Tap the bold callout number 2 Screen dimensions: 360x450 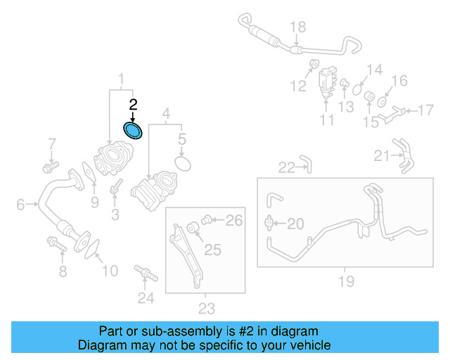133,105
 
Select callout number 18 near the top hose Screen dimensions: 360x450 298,27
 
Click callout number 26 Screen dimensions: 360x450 233,221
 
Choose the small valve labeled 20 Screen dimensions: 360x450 269,223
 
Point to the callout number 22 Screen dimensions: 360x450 286,167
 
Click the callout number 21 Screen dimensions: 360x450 382,155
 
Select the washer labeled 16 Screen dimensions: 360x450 382,101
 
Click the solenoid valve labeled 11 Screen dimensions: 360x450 328,79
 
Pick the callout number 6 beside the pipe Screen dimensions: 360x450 20,205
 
